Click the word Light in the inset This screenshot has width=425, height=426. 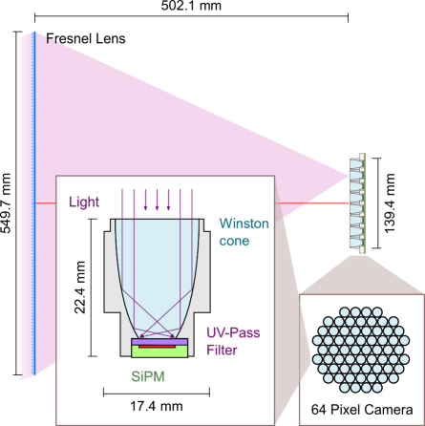point(84,202)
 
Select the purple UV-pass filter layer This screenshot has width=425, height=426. point(158,339)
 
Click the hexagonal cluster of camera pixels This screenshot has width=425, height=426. point(361,348)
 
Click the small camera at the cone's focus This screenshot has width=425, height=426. point(356,202)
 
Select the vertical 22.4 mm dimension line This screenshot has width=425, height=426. point(93,288)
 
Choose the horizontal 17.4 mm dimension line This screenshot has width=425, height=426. point(158,391)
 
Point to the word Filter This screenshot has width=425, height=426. point(223,350)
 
